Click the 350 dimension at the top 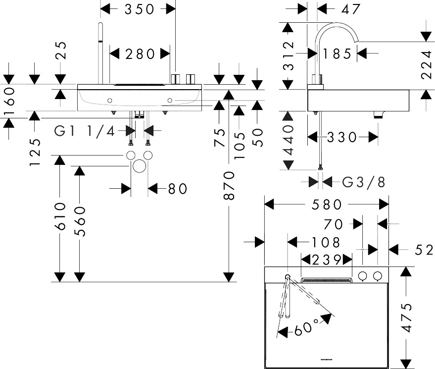pyautogui.click(x=139, y=8)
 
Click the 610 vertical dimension pyautogui.click(x=60, y=216)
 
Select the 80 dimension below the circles pyautogui.click(x=177, y=189)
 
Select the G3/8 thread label pyautogui.click(x=364, y=182)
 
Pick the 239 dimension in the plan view pyautogui.click(x=327, y=259)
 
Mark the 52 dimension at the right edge pyautogui.click(x=424, y=251)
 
